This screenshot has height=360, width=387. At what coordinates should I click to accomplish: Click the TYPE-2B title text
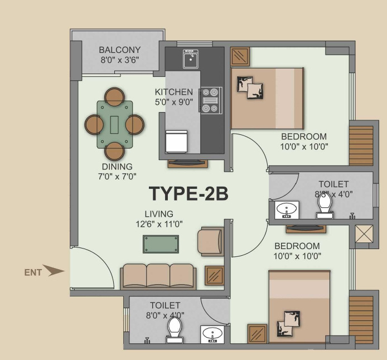point(188,193)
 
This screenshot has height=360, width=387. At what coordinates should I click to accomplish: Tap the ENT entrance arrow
point(54,271)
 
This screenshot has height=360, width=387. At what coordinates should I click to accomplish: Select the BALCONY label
point(119,50)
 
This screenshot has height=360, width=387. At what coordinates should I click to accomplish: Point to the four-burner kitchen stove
point(211,100)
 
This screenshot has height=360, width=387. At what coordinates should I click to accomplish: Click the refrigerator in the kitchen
point(176,142)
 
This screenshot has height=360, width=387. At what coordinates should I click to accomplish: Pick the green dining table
point(115,124)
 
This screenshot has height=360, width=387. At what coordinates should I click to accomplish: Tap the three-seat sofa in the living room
point(158,275)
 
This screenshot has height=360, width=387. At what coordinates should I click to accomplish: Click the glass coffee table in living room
point(161,244)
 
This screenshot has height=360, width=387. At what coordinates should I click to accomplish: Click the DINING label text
point(117,167)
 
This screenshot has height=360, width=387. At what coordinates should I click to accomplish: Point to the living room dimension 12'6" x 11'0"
point(159,224)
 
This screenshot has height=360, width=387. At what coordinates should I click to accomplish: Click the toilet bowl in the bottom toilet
point(175,328)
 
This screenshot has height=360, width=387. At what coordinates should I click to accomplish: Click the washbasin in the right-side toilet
point(287,210)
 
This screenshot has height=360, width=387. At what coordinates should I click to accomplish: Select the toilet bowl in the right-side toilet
point(324,207)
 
